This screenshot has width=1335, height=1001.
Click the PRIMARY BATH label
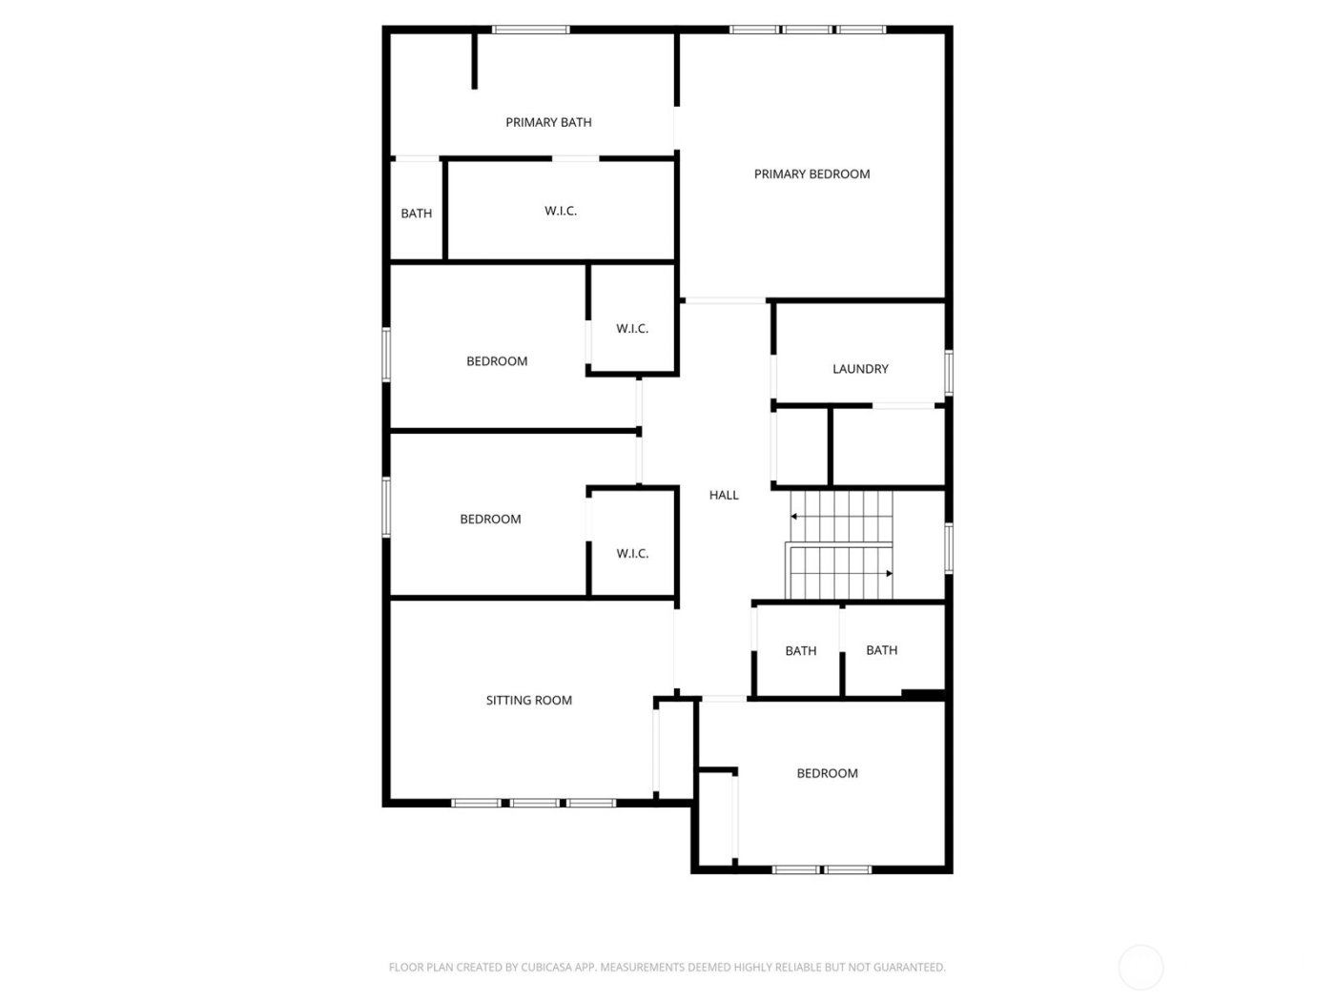(x=548, y=122)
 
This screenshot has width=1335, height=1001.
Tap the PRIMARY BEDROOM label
(x=811, y=174)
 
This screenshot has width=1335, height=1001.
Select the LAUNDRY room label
(x=860, y=369)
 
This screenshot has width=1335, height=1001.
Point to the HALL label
(x=724, y=495)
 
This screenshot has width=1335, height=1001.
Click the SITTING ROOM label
(x=529, y=700)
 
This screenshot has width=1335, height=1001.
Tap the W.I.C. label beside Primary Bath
(x=561, y=211)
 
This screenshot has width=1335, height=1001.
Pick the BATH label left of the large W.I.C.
(x=416, y=214)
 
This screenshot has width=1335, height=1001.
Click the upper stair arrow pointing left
(x=793, y=516)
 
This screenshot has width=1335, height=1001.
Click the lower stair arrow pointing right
(x=889, y=573)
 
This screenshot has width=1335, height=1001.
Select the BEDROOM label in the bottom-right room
(x=827, y=773)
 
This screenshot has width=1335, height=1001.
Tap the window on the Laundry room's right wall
(x=949, y=372)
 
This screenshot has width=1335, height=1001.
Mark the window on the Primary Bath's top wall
(x=530, y=30)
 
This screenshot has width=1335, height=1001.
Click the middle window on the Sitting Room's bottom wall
(x=534, y=803)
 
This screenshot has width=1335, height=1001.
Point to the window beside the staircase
(x=949, y=547)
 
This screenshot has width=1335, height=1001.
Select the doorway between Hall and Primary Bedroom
(x=725, y=301)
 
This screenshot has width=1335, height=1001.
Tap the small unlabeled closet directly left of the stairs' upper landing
(x=801, y=445)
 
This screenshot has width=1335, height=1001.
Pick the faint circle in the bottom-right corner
(x=1140, y=967)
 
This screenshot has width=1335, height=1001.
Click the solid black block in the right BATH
(x=922, y=694)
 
